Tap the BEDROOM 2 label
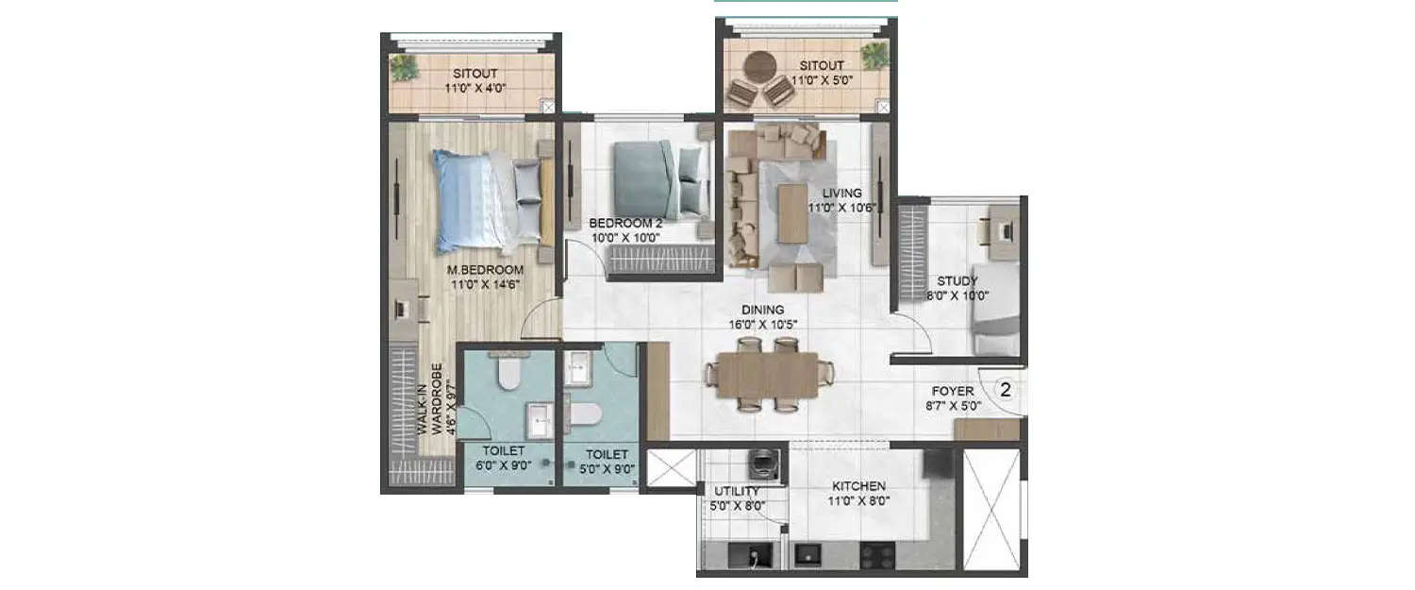626,224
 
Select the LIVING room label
841,194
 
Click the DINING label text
762,310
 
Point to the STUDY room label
957,281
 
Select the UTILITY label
737,492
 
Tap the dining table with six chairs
766,375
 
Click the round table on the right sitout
759,66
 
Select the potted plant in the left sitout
405,68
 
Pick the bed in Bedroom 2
656,178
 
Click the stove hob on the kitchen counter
878,557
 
